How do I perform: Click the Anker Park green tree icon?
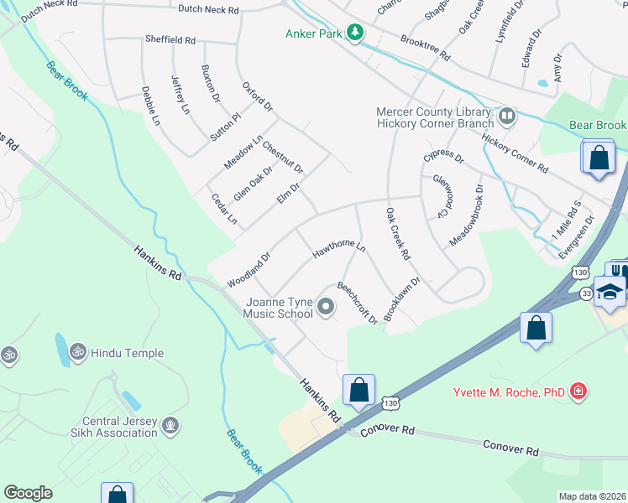[356, 33]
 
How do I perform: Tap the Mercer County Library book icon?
[506, 114]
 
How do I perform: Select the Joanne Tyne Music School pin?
[327, 309]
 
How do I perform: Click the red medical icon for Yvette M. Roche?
[578, 390]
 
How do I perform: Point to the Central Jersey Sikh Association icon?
[170, 427]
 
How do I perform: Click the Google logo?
[29, 493]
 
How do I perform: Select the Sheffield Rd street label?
[170, 39]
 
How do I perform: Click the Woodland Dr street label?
[249, 271]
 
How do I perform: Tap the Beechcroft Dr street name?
[358, 302]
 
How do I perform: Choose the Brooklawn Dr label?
[401, 299]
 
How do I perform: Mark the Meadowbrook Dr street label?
[466, 213]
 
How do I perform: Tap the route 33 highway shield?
[586, 293]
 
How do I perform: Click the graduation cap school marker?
[610, 289]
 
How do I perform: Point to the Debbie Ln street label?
[150, 106]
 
